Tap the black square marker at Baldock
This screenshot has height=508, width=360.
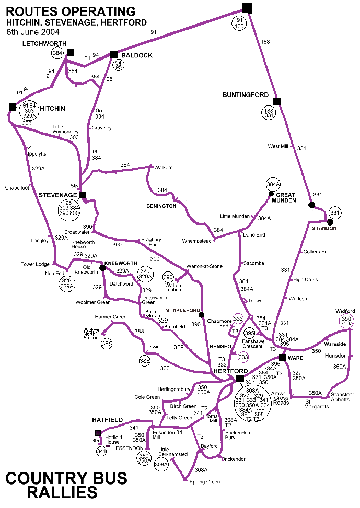pos(113,54)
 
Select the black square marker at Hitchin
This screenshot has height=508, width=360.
pos(13,107)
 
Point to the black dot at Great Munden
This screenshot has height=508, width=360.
pos(271,194)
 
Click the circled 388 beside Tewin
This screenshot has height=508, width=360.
pos(145,360)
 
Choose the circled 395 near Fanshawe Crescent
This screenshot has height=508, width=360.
pos(250,333)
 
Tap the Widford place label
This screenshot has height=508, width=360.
pos(345,311)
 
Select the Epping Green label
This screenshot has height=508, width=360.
pos(205,482)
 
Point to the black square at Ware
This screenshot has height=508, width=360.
pos(282,358)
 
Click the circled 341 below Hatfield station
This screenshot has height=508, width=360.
pos(101,451)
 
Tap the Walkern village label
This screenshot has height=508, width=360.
pos(164,167)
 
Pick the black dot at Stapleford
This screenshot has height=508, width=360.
pos(201,314)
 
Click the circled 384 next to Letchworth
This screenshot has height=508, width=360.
pos(57,53)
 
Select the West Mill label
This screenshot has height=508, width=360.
pos(278,146)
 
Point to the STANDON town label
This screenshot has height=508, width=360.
pos(324,229)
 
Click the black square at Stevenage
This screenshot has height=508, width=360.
pos(82,195)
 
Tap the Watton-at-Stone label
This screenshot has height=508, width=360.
pos(205,266)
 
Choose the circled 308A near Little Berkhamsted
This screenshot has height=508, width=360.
pos(161,464)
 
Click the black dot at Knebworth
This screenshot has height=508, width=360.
pos(102,268)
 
